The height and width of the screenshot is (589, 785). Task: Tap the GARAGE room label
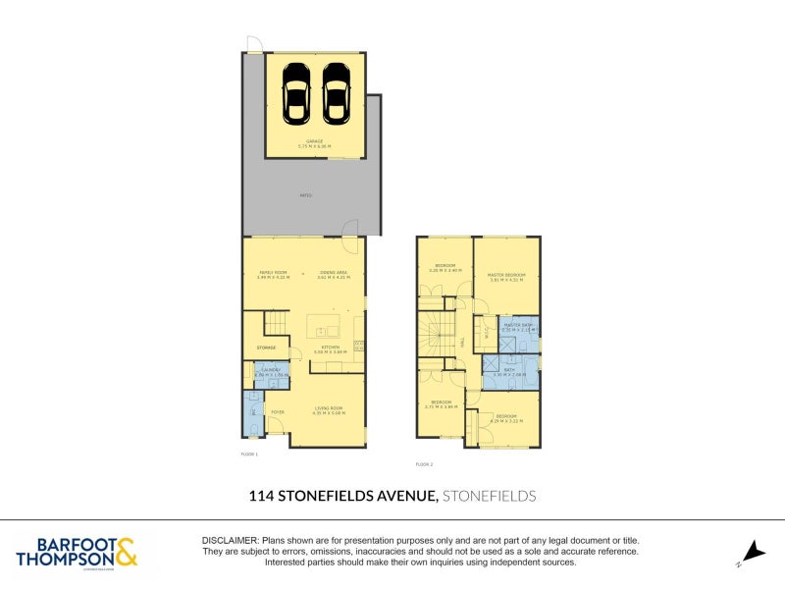(315, 141)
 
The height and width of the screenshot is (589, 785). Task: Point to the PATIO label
(306, 196)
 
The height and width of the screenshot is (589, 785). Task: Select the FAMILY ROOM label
(272, 272)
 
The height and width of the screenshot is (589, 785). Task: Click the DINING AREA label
(333, 272)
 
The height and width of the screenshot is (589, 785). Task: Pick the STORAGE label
(266, 348)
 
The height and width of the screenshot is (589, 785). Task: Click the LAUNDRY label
(270, 370)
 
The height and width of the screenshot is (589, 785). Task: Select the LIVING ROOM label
(329, 408)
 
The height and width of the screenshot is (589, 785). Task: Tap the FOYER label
(278, 412)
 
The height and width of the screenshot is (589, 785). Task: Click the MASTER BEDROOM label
(507, 275)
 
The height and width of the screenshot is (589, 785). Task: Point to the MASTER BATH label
(517, 325)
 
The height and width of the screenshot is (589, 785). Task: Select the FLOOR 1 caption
(249, 455)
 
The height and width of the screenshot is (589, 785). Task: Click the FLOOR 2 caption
(424, 463)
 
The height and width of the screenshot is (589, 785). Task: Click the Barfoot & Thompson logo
(77, 552)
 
